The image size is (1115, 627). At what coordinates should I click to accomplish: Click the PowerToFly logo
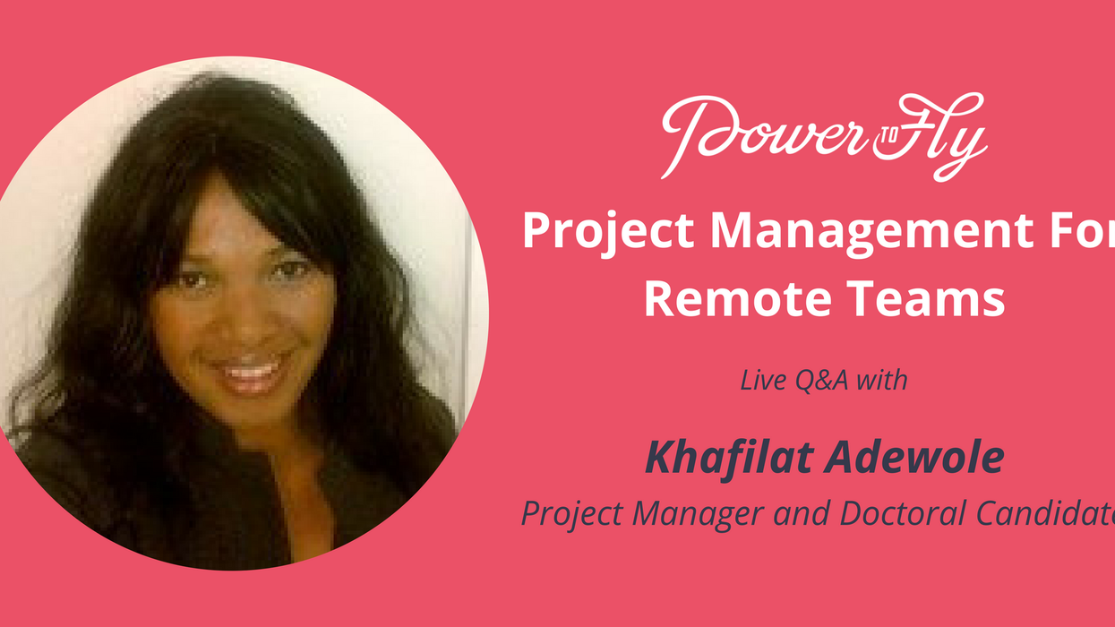click(x=824, y=136)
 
